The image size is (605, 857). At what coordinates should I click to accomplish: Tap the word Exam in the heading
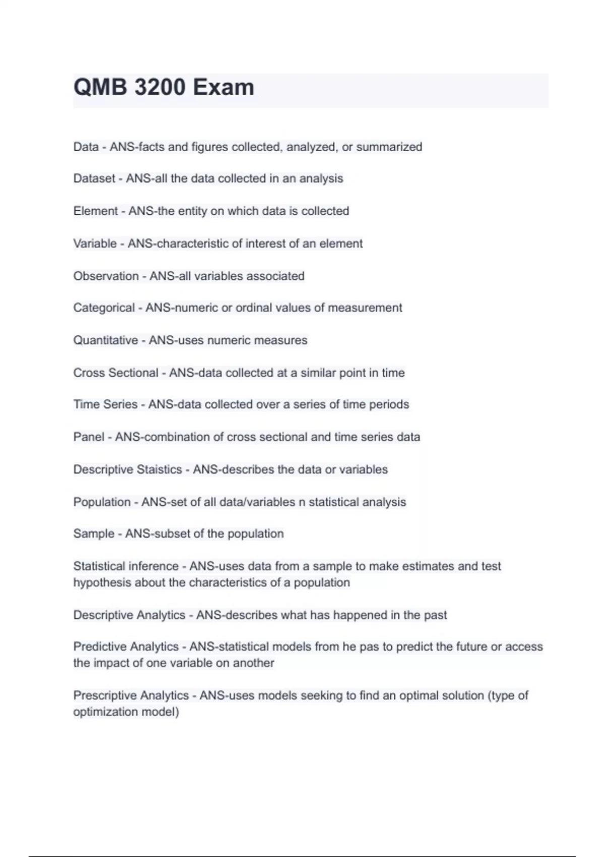coord(223,87)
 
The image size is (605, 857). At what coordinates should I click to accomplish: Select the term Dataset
coord(94,178)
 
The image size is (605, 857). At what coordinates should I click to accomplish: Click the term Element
coord(95,211)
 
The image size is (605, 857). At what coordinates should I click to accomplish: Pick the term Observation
coord(106,276)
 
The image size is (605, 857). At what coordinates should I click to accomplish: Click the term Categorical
coord(104,308)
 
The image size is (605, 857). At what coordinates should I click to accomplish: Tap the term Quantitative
coord(105,340)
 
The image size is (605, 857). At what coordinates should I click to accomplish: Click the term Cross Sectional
coord(115,373)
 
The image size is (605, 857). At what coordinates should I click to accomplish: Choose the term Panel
coord(89,437)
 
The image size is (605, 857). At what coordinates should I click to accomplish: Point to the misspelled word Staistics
coord(159,469)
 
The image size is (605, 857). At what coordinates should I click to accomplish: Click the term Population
coord(102,502)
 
